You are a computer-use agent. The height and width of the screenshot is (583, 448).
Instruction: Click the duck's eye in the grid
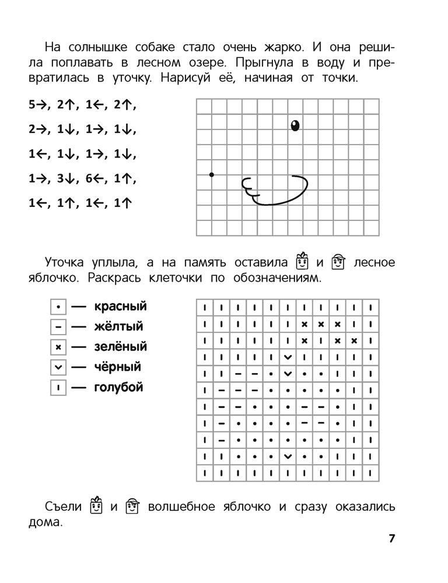click(295, 125)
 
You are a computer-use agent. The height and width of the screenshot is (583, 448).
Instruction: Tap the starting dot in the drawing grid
click(212, 174)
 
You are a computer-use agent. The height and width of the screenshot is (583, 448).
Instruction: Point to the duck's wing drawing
click(275, 189)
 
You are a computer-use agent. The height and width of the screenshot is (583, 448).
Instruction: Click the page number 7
click(392, 538)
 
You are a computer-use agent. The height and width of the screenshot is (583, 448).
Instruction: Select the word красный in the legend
click(120, 306)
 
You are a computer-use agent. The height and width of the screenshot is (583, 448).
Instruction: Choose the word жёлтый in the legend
click(118, 326)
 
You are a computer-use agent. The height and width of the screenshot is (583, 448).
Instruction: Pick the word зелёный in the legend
click(120, 347)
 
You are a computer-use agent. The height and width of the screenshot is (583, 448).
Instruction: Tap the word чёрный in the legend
click(117, 367)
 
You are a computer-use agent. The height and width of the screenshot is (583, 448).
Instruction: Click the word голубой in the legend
click(118, 388)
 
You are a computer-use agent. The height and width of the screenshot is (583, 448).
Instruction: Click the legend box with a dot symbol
click(58, 307)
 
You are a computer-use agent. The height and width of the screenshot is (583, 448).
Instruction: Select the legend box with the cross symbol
click(58, 347)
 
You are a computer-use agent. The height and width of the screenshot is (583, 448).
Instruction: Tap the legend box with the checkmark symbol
click(58, 368)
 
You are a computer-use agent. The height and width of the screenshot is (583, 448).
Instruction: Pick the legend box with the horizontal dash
click(58, 327)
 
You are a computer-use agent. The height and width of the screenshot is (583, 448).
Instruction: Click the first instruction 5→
click(37, 106)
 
